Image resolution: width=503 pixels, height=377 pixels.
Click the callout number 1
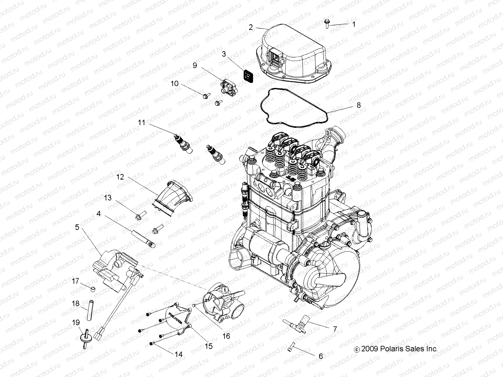coord(354,24)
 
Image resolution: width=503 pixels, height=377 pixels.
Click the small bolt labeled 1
coord(326,24)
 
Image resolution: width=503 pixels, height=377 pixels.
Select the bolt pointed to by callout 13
coord(139,216)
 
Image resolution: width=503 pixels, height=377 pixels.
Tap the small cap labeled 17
coord(93,288)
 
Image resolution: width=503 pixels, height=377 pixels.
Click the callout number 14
coord(178,354)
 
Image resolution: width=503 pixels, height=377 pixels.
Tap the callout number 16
coord(226,336)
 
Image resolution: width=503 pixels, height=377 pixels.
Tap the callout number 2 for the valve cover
coord(251,27)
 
